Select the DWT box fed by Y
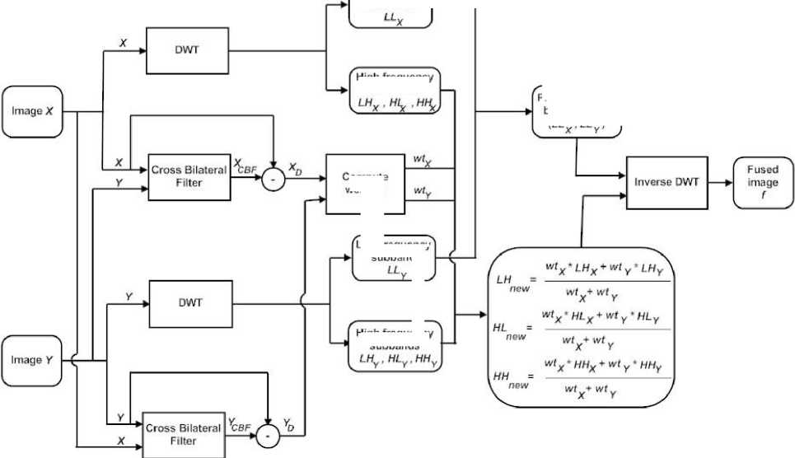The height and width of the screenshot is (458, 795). click(190, 302)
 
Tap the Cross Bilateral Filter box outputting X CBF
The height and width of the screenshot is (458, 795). click(189, 176)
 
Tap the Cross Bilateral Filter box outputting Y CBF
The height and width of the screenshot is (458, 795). click(183, 434)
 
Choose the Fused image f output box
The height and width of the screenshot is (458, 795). click(763, 180)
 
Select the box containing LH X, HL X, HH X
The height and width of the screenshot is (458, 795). click(395, 92)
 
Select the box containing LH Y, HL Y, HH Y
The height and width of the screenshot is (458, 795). click(395, 344)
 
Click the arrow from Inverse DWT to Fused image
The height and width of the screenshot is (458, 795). click(720, 180)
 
